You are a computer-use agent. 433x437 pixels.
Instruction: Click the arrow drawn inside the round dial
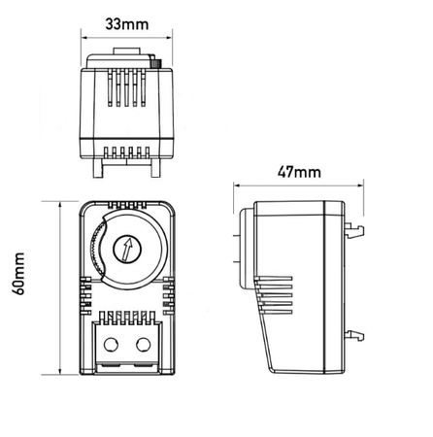[x=127, y=251]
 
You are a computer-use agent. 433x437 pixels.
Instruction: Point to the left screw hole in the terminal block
[x=110, y=343]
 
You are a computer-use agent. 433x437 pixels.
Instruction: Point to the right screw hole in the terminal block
[x=145, y=343]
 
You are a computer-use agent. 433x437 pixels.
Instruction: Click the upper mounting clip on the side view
[x=356, y=230]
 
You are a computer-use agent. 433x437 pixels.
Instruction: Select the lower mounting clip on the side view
[x=356, y=333]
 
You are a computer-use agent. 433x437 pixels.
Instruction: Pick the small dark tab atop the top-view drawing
[x=154, y=60]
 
